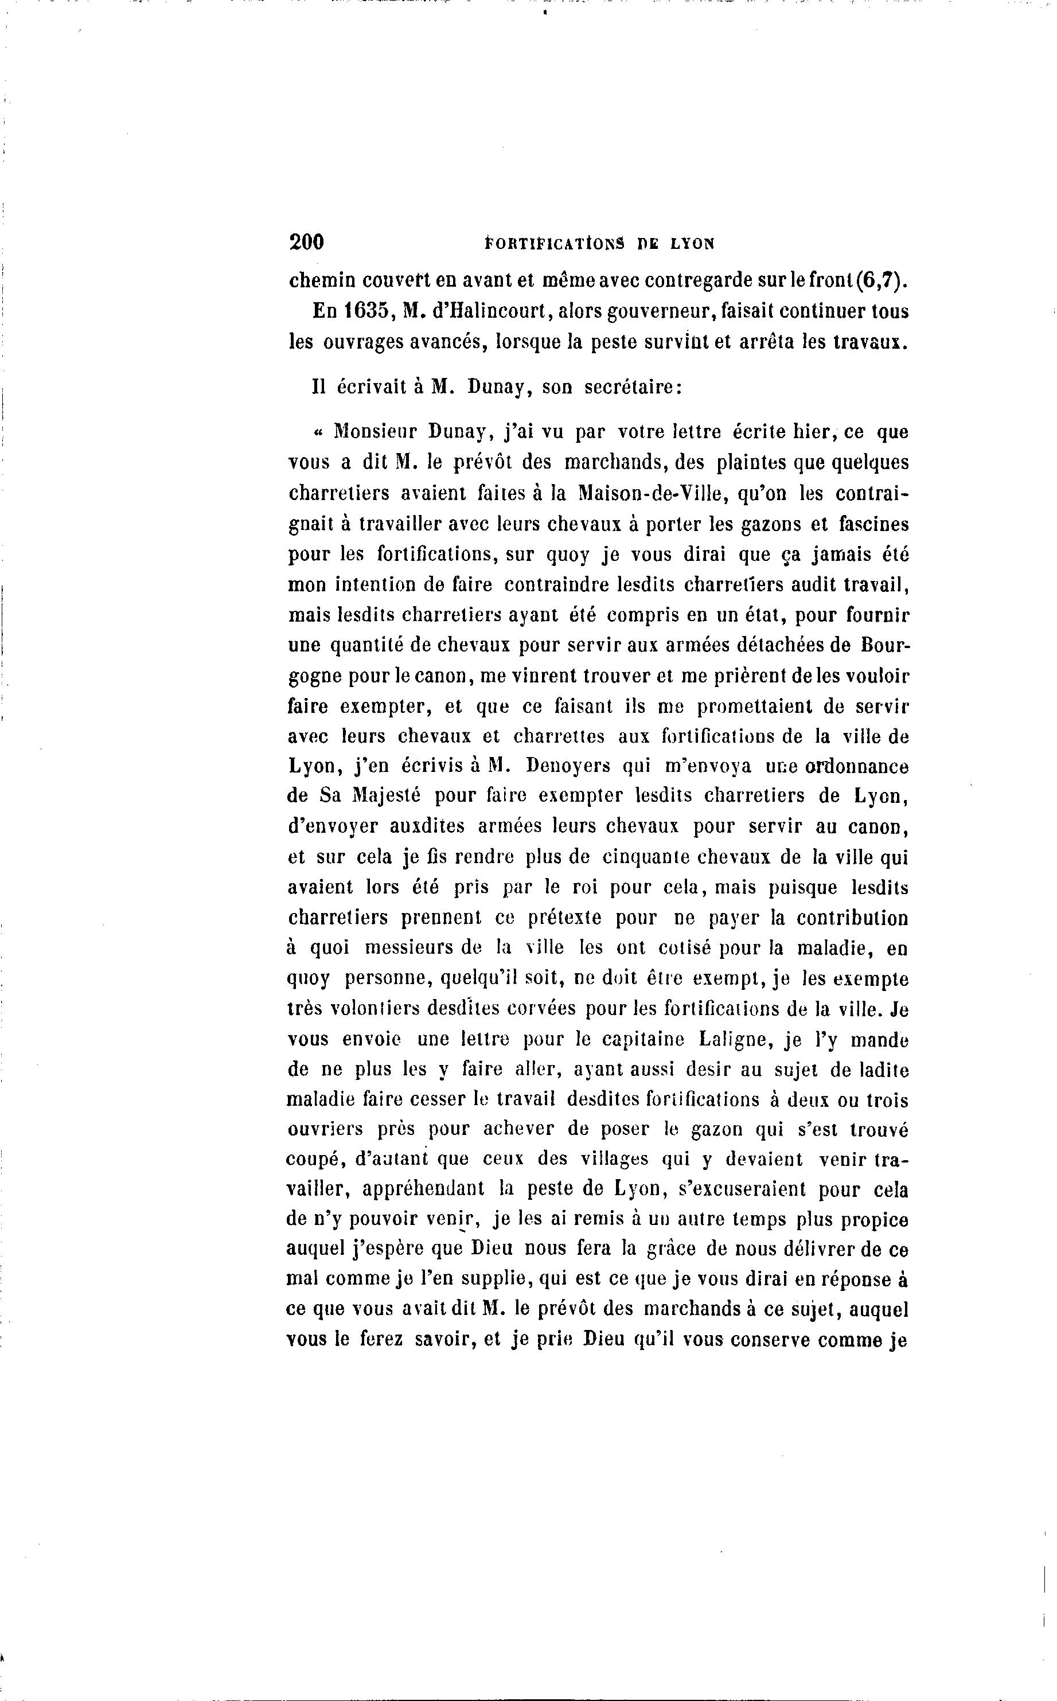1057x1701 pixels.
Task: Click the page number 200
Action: tap(306, 242)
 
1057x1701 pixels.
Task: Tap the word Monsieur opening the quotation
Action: tap(373, 432)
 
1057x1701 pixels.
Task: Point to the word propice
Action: tap(874, 1220)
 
